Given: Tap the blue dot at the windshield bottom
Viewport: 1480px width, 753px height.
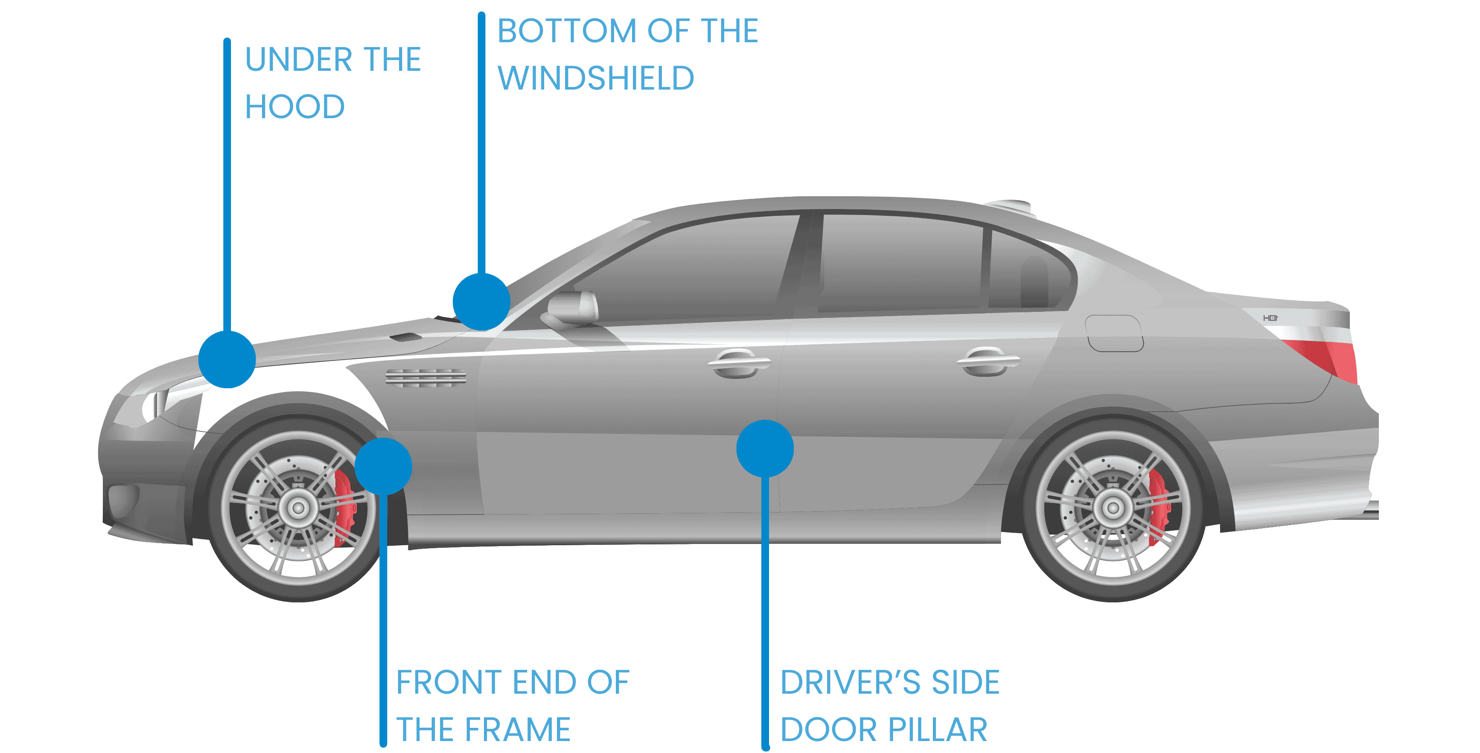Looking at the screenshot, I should [481, 302].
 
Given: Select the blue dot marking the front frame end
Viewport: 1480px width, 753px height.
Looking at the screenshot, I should [383, 466].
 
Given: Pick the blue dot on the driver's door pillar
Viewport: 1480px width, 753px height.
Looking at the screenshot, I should [765, 448].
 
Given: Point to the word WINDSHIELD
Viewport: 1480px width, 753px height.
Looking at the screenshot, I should [596, 78].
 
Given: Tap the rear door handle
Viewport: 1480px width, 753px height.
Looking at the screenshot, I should [988, 362].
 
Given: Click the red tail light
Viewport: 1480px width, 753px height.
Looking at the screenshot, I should [1327, 356].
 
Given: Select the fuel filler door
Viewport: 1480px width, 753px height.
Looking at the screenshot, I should [1113, 333].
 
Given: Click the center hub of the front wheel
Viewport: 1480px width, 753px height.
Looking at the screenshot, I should [298, 508].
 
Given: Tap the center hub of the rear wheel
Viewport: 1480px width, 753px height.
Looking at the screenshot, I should [1113, 508].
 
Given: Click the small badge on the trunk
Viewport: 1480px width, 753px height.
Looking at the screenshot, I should [1270, 318].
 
